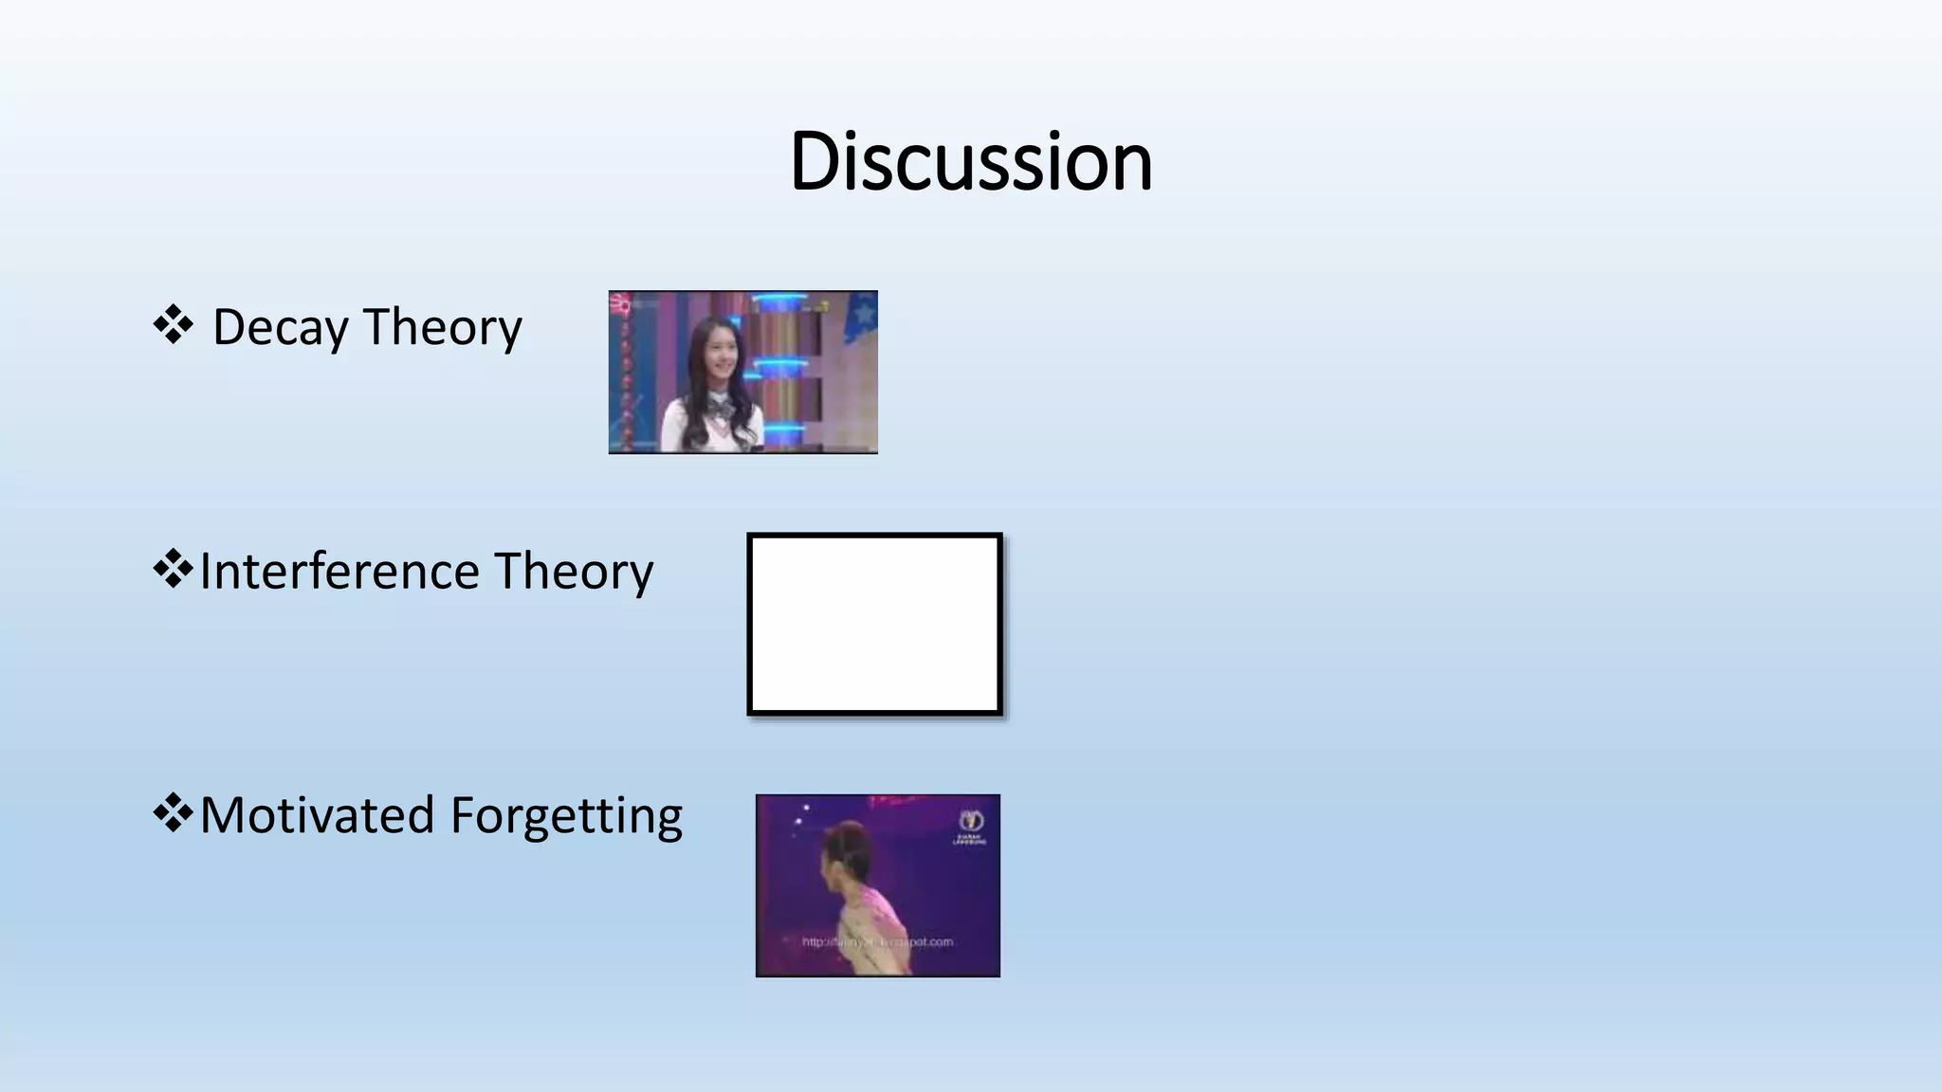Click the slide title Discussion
(x=971, y=161)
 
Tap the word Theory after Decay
(x=442, y=328)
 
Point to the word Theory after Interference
(x=573, y=572)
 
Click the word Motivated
(x=317, y=815)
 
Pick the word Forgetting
(x=566, y=817)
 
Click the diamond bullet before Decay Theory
(x=173, y=325)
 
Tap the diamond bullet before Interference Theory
(x=173, y=569)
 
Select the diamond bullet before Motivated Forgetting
(x=173, y=812)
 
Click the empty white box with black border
(x=874, y=624)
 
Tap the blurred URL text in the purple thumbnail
(x=877, y=942)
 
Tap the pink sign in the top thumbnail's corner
(x=621, y=304)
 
